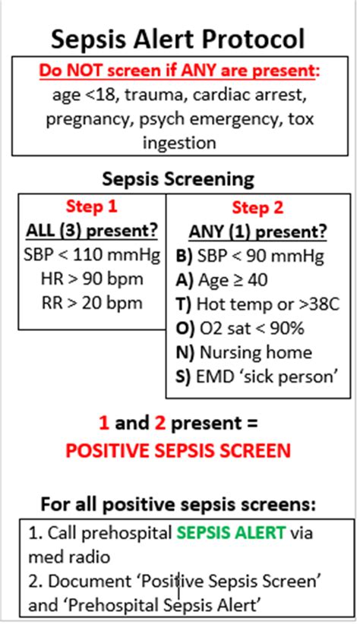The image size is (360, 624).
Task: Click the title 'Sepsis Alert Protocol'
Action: [x=178, y=39]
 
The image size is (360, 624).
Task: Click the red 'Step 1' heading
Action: [x=92, y=206]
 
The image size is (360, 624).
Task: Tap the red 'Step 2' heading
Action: [x=257, y=208]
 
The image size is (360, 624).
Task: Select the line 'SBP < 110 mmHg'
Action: [x=92, y=255]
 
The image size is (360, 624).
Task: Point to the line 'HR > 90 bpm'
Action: [x=92, y=279]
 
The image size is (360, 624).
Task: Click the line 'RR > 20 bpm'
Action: [x=92, y=303]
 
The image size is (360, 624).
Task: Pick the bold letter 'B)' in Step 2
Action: [x=185, y=257]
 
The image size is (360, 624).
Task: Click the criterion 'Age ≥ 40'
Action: [x=232, y=281]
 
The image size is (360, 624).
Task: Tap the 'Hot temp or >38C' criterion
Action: [x=268, y=304]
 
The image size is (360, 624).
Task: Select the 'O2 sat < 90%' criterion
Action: [x=251, y=328]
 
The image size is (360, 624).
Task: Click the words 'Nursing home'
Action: [x=256, y=352]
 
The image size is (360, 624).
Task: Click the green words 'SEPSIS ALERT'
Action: [x=231, y=532]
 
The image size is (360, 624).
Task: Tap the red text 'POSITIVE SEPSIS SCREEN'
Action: [x=178, y=450]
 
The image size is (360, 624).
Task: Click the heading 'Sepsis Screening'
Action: [x=178, y=179]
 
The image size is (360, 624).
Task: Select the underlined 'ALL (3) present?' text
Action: [x=92, y=232]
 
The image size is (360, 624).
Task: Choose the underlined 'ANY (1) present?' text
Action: [x=257, y=232]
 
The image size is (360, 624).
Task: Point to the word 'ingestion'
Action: [x=179, y=143]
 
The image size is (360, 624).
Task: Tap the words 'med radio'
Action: [x=69, y=556]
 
